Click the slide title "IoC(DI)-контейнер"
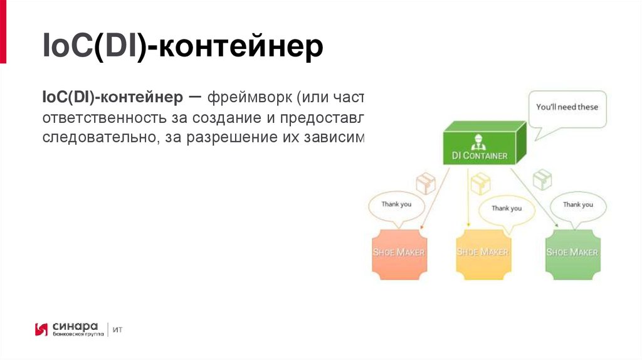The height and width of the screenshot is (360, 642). pos(182,48)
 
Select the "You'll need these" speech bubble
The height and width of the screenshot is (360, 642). pos(567,107)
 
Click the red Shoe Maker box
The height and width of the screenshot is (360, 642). pos(399,253)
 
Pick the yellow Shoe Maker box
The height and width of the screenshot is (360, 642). pos(482,253)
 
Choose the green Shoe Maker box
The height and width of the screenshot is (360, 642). pos(572,253)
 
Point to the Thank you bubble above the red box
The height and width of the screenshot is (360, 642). pos(397,205)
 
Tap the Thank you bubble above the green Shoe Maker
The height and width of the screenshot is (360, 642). pos(577,205)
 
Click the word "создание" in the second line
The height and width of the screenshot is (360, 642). pos(221,118)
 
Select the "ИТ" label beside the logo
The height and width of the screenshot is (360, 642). pos(118,329)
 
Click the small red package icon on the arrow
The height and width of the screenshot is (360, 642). pos(426,183)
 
